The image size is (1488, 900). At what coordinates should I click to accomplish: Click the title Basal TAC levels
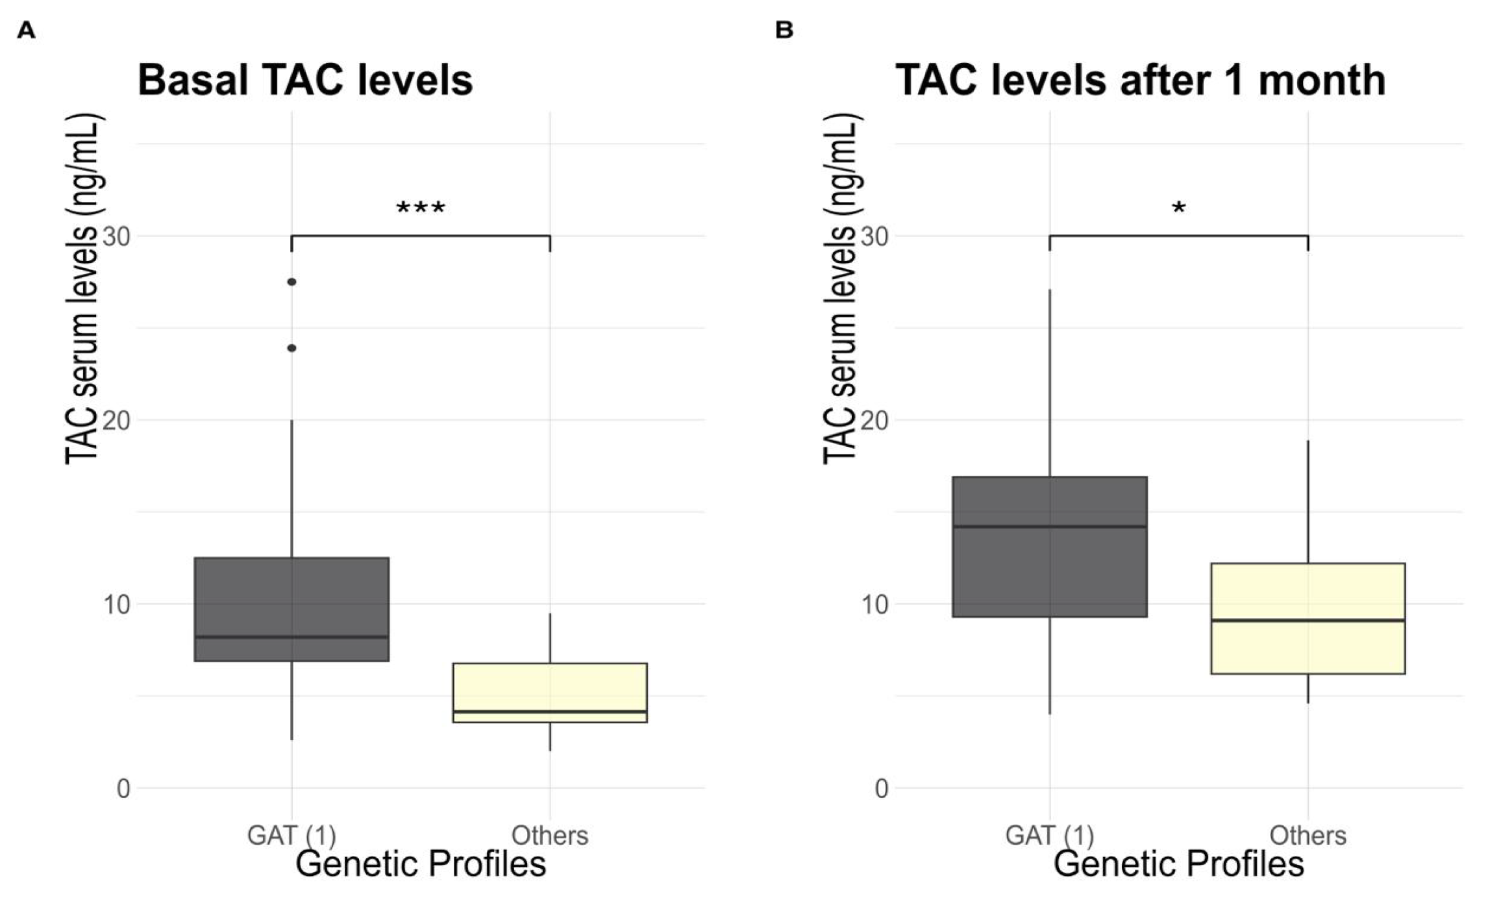click(x=305, y=81)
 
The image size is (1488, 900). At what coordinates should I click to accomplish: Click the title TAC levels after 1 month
click(x=1141, y=81)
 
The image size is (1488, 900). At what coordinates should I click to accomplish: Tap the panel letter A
click(x=26, y=31)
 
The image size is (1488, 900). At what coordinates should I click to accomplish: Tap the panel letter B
click(x=784, y=31)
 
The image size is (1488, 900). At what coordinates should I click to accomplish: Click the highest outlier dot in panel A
click(x=292, y=282)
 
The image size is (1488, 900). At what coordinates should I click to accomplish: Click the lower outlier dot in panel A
click(x=292, y=348)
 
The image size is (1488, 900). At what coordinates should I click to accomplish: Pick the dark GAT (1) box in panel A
click(x=291, y=609)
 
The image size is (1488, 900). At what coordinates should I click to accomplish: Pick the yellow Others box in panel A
click(x=550, y=692)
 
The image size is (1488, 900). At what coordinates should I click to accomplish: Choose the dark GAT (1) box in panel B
click(x=1050, y=547)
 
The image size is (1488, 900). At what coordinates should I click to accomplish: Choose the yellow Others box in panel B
click(x=1308, y=618)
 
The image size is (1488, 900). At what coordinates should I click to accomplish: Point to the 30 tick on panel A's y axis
click(x=116, y=236)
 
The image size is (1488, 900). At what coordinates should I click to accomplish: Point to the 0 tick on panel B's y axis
click(x=882, y=788)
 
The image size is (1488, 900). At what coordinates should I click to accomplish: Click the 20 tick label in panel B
click(x=874, y=420)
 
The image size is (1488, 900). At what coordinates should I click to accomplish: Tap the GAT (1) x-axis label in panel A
click(x=291, y=836)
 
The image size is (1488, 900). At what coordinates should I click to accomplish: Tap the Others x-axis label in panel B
click(x=1308, y=835)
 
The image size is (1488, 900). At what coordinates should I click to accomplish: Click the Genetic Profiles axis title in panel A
click(x=421, y=864)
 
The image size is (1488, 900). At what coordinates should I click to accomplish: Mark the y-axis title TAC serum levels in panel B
click(x=842, y=289)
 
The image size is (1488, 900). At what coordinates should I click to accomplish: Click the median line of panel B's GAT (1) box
click(x=1050, y=527)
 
